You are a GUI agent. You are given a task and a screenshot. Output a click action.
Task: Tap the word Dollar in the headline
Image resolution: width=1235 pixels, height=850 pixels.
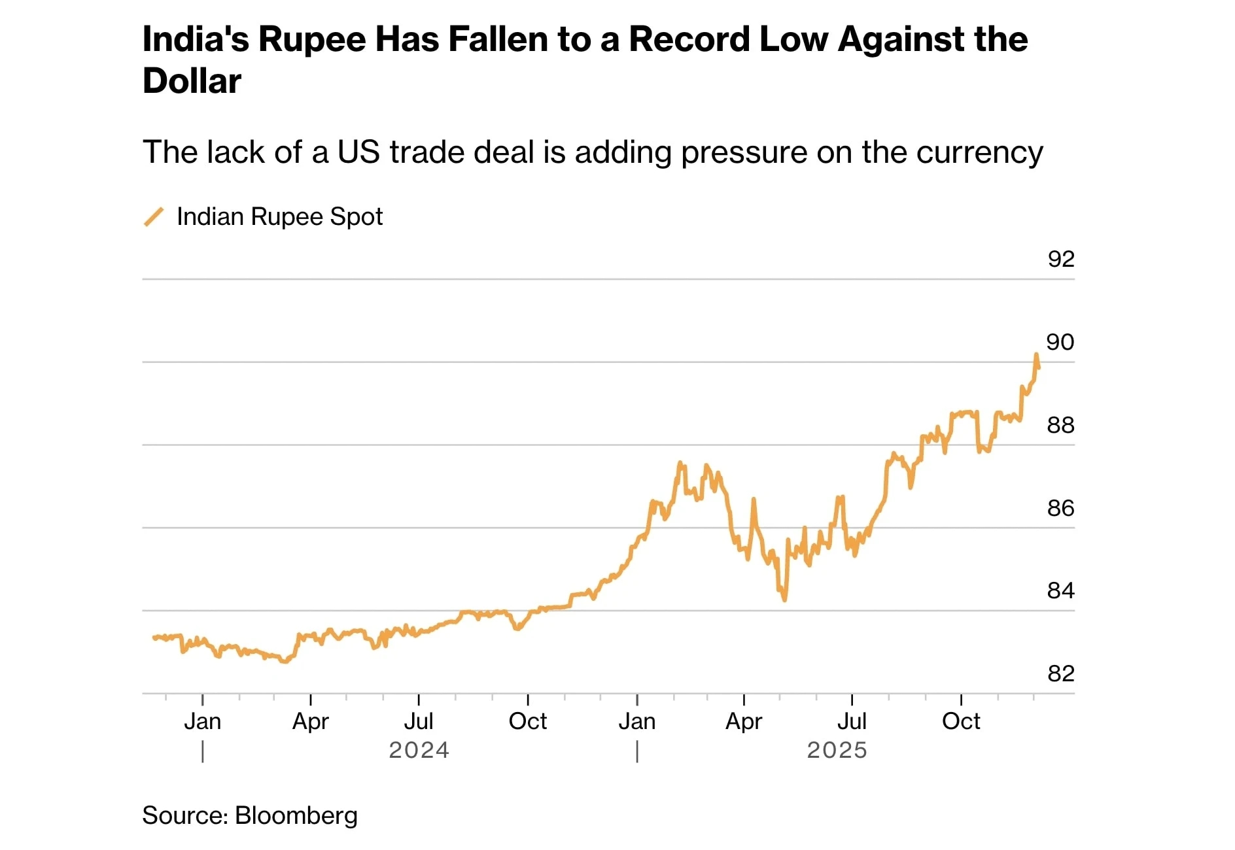[192, 82]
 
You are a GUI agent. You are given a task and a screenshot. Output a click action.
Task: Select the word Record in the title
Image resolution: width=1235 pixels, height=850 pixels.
[689, 39]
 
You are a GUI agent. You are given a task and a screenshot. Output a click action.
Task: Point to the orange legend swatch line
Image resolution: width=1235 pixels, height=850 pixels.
[154, 217]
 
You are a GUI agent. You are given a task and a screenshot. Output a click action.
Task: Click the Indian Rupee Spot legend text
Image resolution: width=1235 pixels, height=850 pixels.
[279, 217]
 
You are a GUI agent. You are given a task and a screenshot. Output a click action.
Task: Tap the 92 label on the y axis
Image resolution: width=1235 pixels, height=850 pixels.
[1060, 260]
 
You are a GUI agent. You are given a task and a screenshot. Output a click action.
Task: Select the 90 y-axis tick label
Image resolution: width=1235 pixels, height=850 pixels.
[1060, 343]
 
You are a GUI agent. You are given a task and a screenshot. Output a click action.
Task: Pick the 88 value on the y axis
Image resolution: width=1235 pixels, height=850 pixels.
[1060, 426]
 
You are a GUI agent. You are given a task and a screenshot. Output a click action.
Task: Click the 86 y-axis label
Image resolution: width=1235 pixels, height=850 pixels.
[1060, 508]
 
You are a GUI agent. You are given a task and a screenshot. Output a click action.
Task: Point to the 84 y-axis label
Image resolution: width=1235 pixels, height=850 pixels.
[1060, 591]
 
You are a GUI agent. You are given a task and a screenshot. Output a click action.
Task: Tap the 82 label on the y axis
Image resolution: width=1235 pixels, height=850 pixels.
[1060, 673]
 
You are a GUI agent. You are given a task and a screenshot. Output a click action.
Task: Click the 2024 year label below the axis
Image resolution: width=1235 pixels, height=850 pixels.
[419, 750]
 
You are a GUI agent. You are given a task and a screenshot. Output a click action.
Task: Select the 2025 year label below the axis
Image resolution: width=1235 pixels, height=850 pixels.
[837, 750]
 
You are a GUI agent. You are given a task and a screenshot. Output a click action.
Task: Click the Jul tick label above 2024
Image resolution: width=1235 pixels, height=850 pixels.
[419, 722]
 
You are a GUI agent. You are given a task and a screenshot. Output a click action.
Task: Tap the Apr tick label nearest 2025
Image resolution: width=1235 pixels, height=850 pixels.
[744, 722]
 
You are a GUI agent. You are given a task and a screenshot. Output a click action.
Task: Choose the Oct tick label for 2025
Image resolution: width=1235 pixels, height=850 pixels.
[961, 722]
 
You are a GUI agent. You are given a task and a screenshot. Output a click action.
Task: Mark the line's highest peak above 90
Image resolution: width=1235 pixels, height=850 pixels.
[1036, 355]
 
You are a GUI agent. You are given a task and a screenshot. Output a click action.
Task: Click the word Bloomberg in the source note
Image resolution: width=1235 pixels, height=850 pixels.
[296, 816]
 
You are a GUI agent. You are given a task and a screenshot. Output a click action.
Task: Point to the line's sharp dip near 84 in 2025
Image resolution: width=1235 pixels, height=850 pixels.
[784, 598]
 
